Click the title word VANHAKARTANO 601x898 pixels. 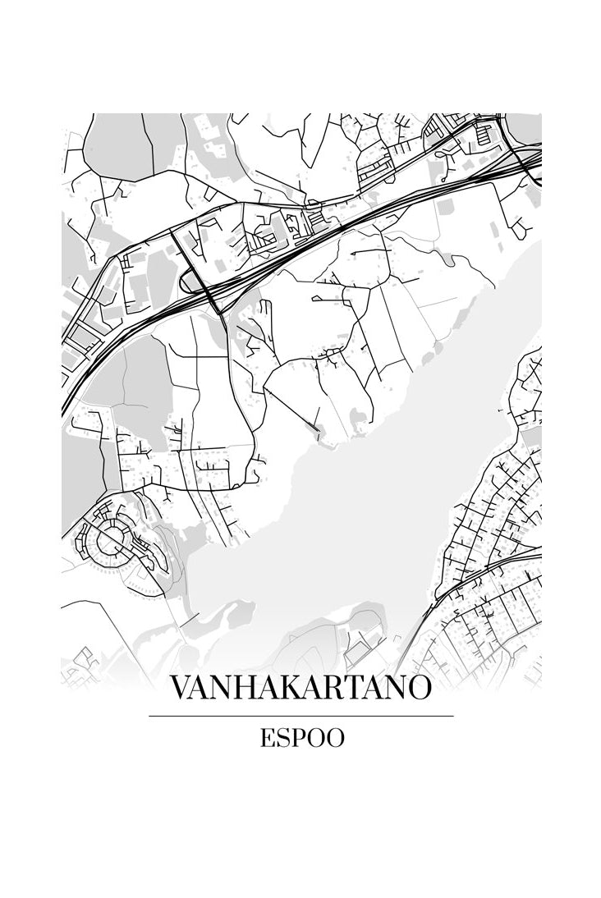[300, 688]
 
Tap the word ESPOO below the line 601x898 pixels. [301, 738]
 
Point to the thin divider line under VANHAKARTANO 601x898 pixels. [300, 716]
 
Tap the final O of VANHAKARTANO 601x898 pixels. [417, 688]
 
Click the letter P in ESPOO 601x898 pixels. [298, 738]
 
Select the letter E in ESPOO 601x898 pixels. [268, 738]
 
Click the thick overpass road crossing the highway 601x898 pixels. [197, 271]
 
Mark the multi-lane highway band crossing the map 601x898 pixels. [328, 230]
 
